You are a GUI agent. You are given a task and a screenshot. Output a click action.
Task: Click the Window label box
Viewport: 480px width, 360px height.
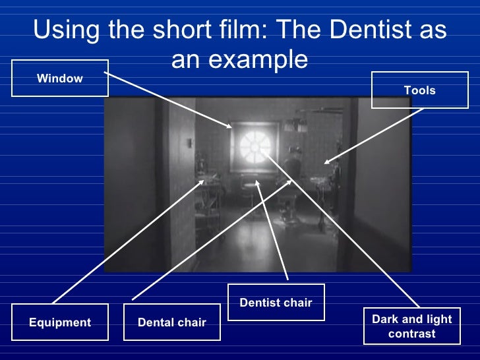[x=59, y=78]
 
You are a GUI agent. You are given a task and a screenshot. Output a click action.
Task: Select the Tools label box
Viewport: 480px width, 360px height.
[x=420, y=90]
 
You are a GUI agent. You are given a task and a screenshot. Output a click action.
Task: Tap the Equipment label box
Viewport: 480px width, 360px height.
[x=59, y=322]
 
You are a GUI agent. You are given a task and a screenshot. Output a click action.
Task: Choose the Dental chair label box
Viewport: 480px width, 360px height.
[x=171, y=322]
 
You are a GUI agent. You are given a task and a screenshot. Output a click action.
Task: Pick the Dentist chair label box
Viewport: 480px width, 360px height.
[x=276, y=303]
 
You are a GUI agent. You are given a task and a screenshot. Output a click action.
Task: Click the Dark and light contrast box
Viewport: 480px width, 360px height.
[x=412, y=326]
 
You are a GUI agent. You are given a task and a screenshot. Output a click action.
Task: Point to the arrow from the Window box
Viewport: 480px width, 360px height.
[x=168, y=100]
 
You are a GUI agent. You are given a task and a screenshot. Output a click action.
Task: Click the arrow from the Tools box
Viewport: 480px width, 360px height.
[x=376, y=135]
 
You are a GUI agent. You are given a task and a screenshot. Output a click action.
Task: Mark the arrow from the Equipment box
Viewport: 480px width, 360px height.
[x=125, y=244]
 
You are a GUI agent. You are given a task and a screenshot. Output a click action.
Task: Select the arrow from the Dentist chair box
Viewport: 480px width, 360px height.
[x=272, y=231]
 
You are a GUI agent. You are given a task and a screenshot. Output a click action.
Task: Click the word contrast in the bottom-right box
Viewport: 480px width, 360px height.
[x=412, y=334]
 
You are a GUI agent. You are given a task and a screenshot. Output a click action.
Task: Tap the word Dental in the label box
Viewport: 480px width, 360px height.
[x=154, y=322]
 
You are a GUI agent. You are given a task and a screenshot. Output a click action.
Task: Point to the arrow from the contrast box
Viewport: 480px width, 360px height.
[x=336, y=231]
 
